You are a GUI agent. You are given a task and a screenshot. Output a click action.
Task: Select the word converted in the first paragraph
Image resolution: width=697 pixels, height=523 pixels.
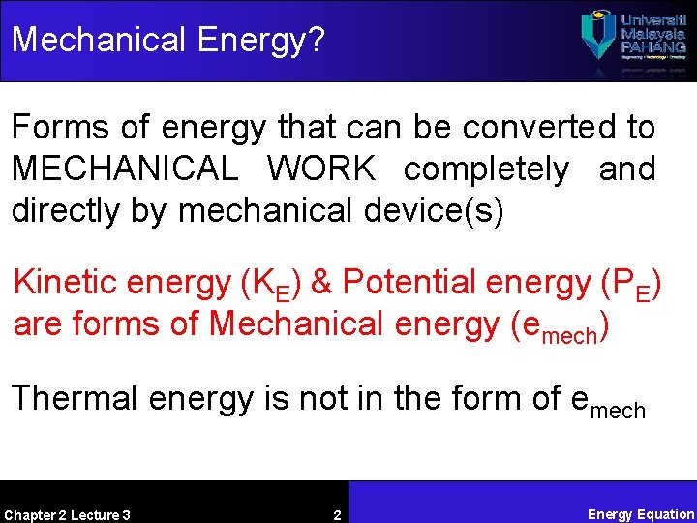click(522, 127)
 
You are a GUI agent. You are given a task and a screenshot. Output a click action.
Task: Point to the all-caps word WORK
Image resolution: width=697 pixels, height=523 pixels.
click(321, 169)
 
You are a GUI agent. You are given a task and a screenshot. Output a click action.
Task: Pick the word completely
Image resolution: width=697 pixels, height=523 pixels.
click(486, 169)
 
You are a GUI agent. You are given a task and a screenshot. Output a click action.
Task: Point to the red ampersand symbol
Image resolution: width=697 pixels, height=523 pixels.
click(321, 282)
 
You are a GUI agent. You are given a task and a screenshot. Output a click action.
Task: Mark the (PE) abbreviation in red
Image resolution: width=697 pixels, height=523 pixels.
click(629, 284)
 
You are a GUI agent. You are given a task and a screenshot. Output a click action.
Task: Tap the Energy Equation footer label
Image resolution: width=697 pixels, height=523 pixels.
click(641, 514)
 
